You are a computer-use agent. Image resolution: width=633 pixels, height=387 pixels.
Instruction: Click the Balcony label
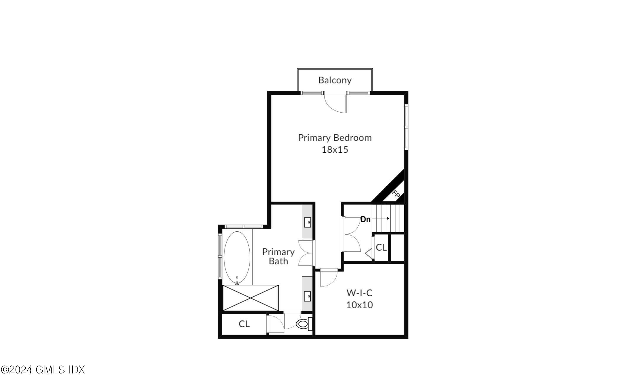pyautogui.click(x=335, y=80)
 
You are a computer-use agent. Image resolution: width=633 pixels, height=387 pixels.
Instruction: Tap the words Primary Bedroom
pyautogui.click(x=335, y=138)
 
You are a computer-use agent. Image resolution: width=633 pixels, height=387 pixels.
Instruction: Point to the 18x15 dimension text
pyautogui.click(x=335, y=150)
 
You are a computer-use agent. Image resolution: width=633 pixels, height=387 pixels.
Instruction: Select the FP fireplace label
pyautogui.click(x=396, y=194)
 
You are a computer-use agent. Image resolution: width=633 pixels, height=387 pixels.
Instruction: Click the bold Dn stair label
pyautogui.click(x=365, y=219)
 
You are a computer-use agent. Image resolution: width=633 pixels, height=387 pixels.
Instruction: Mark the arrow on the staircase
pyautogui.click(x=383, y=218)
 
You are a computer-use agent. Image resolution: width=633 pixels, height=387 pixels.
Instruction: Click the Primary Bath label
pyautogui.click(x=278, y=256)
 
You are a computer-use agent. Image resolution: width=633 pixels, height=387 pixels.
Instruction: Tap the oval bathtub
pyautogui.click(x=237, y=257)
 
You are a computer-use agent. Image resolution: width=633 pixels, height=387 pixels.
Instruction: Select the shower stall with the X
pyautogui.click(x=250, y=298)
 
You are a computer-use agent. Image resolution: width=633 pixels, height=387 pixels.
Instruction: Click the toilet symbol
pyautogui.click(x=303, y=324)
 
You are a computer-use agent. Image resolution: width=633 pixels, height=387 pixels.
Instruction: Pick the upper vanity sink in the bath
pyautogui.click(x=307, y=222)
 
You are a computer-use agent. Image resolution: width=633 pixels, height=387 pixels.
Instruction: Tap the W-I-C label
pyautogui.click(x=359, y=293)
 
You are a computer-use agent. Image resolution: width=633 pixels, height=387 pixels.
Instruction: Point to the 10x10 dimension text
pyautogui.click(x=359, y=305)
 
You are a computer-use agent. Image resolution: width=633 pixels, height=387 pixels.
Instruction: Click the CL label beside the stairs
pyautogui.click(x=381, y=248)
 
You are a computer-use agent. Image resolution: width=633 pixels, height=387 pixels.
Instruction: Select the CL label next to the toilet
pyautogui.click(x=244, y=324)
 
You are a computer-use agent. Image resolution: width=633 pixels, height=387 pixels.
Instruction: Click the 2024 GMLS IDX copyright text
pyautogui.click(x=43, y=370)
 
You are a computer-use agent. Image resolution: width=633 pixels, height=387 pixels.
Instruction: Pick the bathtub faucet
pyautogui.click(x=237, y=282)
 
